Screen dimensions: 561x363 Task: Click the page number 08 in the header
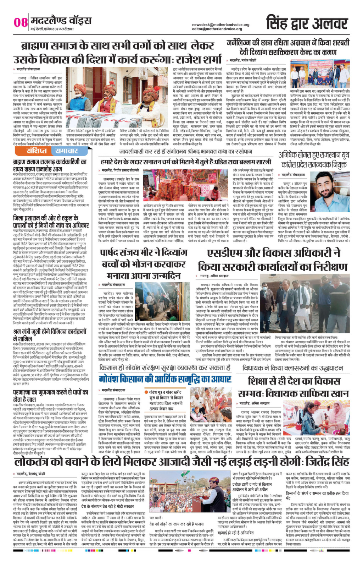[x=21, y=22]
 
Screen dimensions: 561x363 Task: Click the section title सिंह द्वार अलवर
[x=307, y=23]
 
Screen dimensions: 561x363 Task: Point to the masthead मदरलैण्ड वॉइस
[x=61, y=20]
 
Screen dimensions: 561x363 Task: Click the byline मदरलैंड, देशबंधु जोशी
[x=31, y=474]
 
